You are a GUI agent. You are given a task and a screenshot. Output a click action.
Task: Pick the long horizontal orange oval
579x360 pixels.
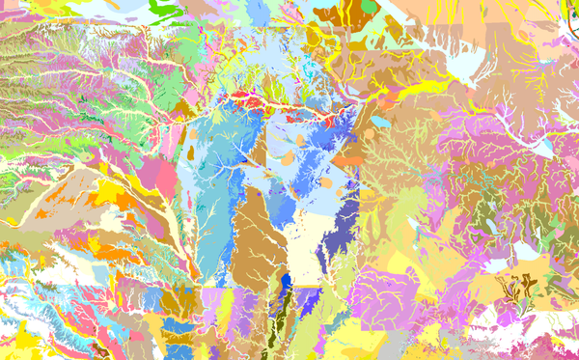[x=349, y=161]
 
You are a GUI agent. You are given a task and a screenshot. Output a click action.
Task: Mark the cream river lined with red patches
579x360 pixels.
[x=261, y=101]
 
